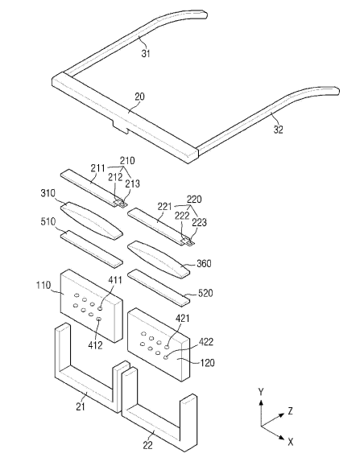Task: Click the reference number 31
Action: coord(146,53)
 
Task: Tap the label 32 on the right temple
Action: coord(279,130)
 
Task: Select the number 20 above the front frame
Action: coord(140,97)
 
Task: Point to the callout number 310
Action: coord(48,193)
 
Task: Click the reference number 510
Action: coord(48,221)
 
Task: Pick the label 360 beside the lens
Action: coord(205,263)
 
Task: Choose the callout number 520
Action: coord(205,293)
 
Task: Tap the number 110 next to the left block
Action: coord(43,285)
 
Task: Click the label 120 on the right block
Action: coord(207,362)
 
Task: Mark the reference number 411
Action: coord(114,280)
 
